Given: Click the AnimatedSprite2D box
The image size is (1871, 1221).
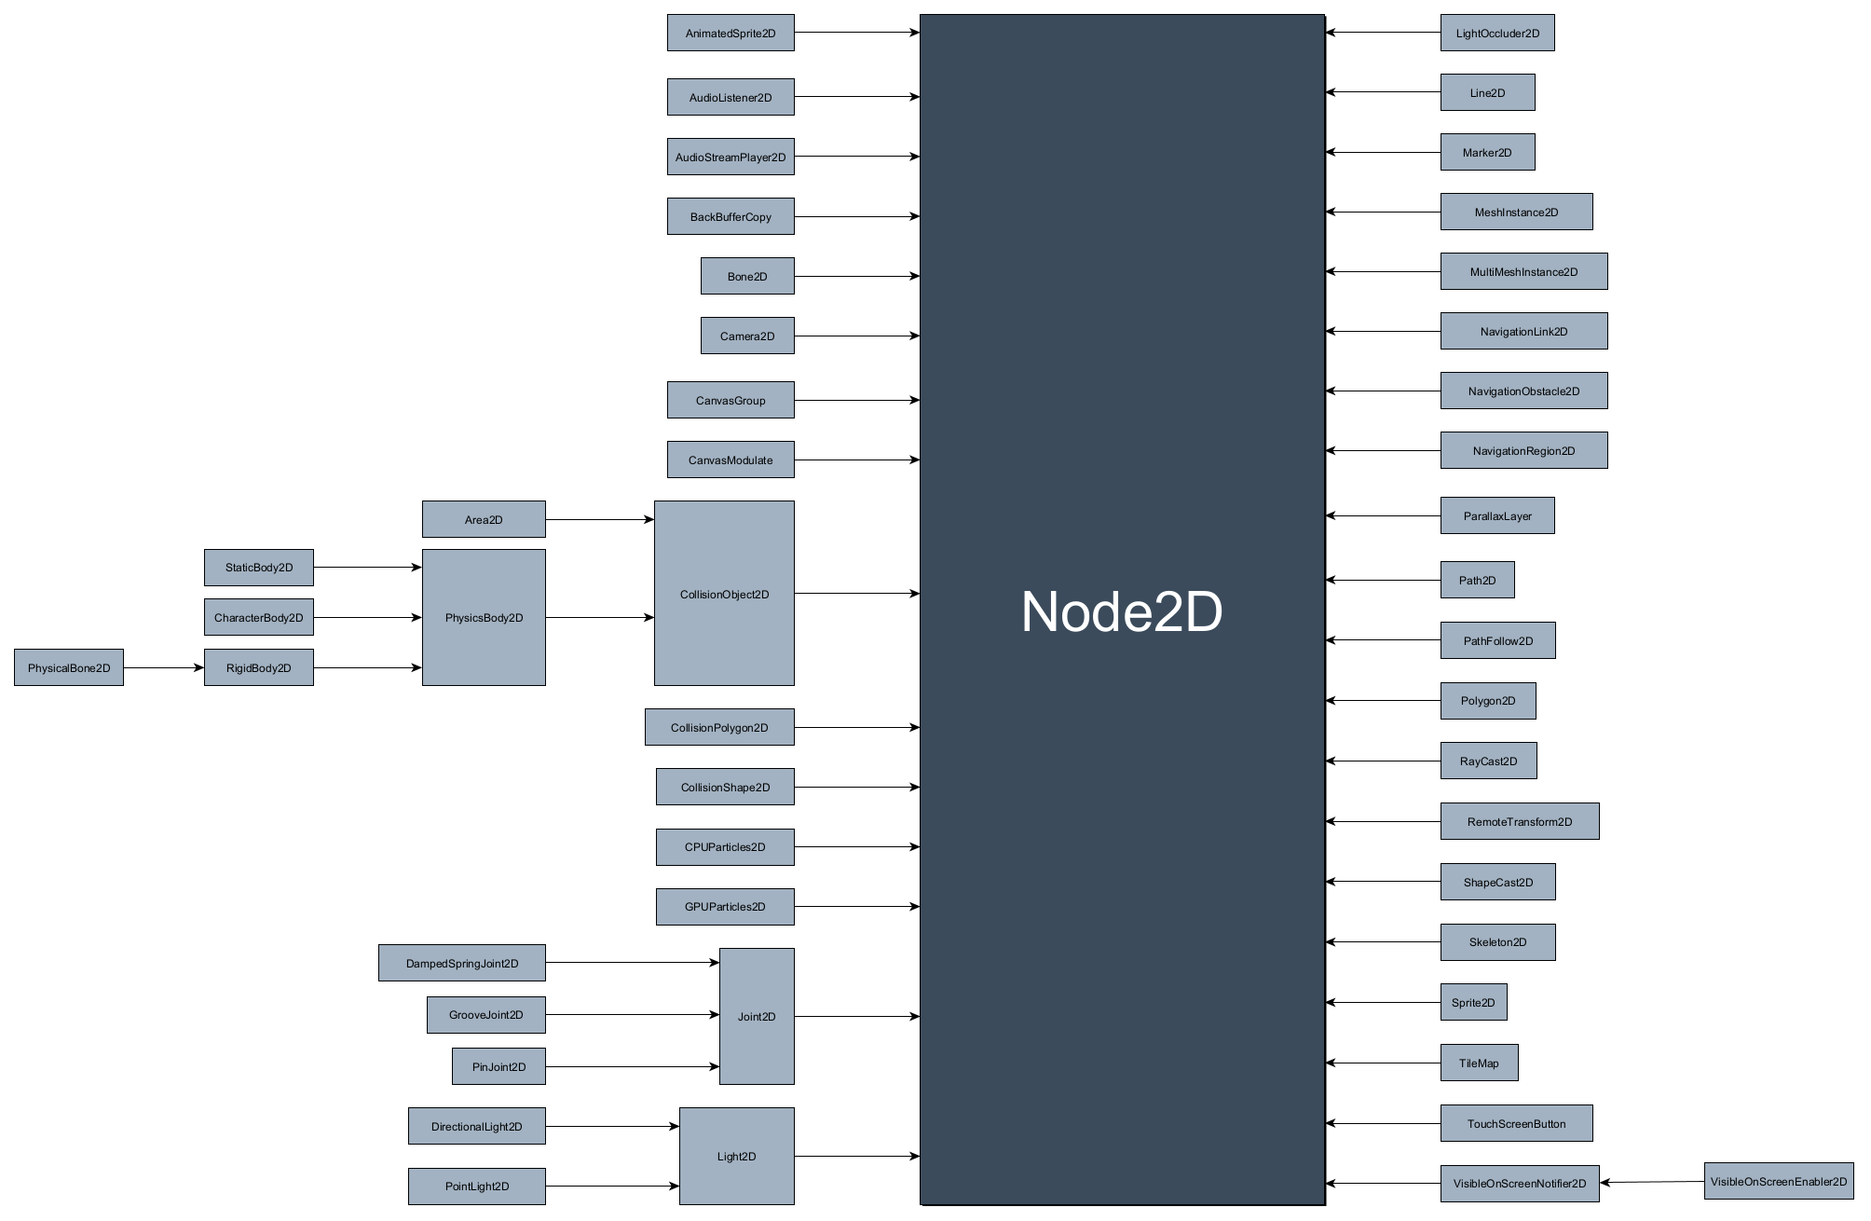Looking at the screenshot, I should pyautogui.click(x=731, y=33).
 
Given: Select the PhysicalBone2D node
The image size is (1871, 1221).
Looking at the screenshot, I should pyautogui.click(x=69, y=667).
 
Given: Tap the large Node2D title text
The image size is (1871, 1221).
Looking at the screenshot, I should pyautogui.click(x=1122, y=611).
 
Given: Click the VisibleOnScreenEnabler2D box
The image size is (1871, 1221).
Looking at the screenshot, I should pyautogui.click(x=1778, y=1181).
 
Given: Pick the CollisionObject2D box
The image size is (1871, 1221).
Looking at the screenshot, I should pyautogui.click(x=724, y=594).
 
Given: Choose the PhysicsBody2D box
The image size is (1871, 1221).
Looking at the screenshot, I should pyautogui.click(x=484, y=617).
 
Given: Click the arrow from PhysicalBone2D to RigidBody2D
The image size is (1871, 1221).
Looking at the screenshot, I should pyautogui.click(x=163, y=667).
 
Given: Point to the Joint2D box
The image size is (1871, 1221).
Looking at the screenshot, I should pyautogui.click(x=757, y=1016).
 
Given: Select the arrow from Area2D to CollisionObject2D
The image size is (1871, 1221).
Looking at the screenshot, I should pyautogui.click(x=599, y=519).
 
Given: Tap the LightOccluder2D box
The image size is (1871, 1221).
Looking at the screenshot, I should pyautogui.click(x=1496, y=33).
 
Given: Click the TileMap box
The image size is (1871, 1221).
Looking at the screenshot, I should pyautogui.click(x=1479, y=1063).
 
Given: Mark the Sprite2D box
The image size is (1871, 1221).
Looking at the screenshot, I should pyautogui.click(x=1473, y=1002).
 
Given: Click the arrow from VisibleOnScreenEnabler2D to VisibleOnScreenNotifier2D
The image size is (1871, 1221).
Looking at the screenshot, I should pyautogui.click(x=1652, y=1182).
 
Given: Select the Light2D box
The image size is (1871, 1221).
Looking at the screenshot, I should pyautogui.click(x=736, y=1156).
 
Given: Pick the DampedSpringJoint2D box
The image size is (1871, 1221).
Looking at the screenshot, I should pyautogui.click(x=461, y=963).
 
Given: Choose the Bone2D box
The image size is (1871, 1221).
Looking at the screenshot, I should pyautogui.click(x=747, y=276).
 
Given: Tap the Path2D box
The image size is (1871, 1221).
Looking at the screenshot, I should pyautogui.click(x=1477, y=580).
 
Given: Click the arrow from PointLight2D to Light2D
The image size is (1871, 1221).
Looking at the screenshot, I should pyautogui.click(x=612, y=1186).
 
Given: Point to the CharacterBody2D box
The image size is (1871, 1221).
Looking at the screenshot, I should pyautogui.click(x=258, y=617).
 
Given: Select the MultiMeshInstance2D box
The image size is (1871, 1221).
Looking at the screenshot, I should pyautogui.click(x=1523, y=271).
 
